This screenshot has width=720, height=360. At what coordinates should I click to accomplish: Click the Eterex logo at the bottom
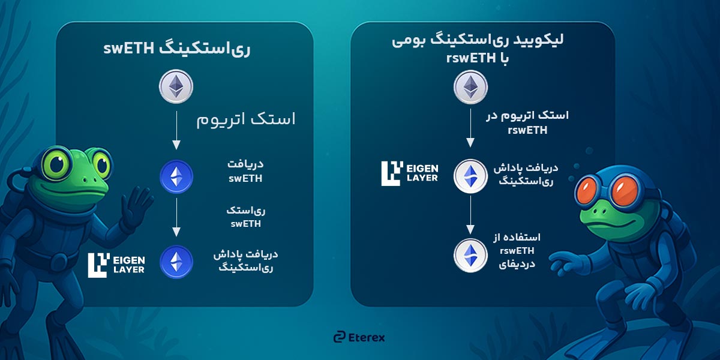click(x=359, y=337)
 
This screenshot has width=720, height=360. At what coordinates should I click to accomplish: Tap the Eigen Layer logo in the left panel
click(x=116, y=265)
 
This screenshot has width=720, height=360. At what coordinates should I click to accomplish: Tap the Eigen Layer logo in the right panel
click(x=410, y=172)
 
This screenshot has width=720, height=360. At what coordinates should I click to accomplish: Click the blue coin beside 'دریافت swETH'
click(x=176, y=176)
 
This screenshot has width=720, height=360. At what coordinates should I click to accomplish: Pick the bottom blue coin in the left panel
click(x=176, y=262)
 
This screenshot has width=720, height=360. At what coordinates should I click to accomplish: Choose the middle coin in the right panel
click(x=470, y=175)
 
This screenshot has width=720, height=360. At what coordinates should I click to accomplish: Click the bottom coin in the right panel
click(x=470, y=253)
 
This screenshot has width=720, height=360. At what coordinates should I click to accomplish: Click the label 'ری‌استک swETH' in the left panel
click(x=247, y=217)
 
